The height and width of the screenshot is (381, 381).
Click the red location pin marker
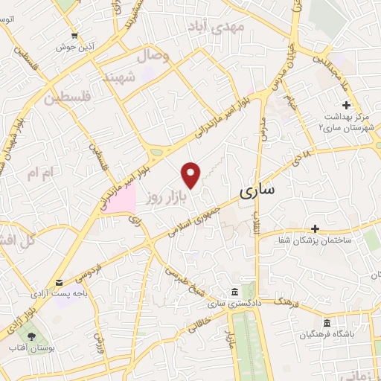[x=192, y=173]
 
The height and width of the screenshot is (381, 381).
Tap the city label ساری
[x=257, y=191]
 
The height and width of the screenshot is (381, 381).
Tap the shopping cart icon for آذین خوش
[x=74, y=35]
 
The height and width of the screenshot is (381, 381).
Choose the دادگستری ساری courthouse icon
[x=234, y=291]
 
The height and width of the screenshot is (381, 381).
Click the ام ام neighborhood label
[x=40, y=174]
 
